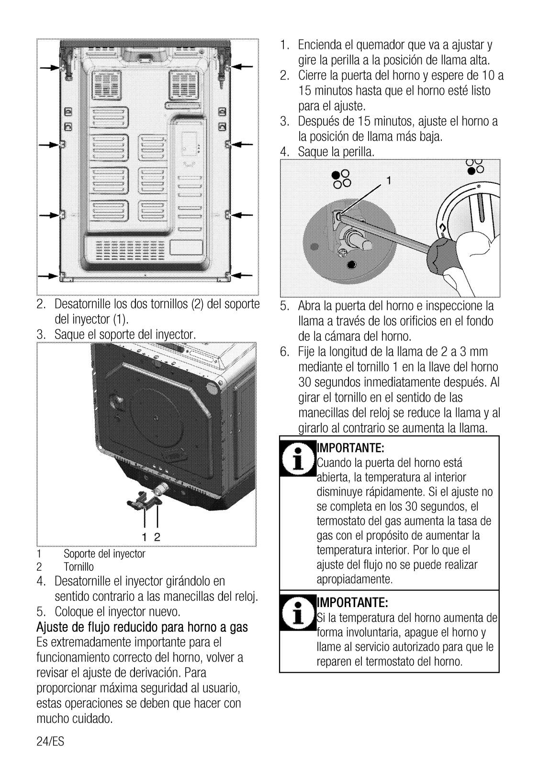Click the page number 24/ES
pos(50,742)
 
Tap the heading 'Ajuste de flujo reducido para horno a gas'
pos(142,627)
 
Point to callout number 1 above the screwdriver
pos(389,181)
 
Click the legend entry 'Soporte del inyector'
pos(104,554)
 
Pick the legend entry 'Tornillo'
pos(79,567)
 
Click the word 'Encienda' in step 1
pos(320,45)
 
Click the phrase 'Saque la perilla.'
pos(336,152)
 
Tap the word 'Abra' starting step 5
pos(309,305)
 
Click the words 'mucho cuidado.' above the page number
pos(74,719)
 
